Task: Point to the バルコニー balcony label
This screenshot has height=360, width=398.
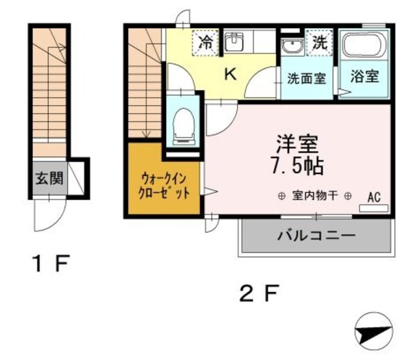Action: pos(316,236)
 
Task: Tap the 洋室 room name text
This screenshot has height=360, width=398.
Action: pos(297,144)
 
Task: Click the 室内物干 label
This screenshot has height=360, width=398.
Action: pos(315,196)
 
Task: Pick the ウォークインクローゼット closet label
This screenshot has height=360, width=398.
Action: pos(164,185)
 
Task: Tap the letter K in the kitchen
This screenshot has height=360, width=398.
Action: pos(230,75)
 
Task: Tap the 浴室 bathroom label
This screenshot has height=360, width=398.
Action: pos(364,77)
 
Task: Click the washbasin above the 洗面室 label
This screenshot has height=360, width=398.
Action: pos(290,46)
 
